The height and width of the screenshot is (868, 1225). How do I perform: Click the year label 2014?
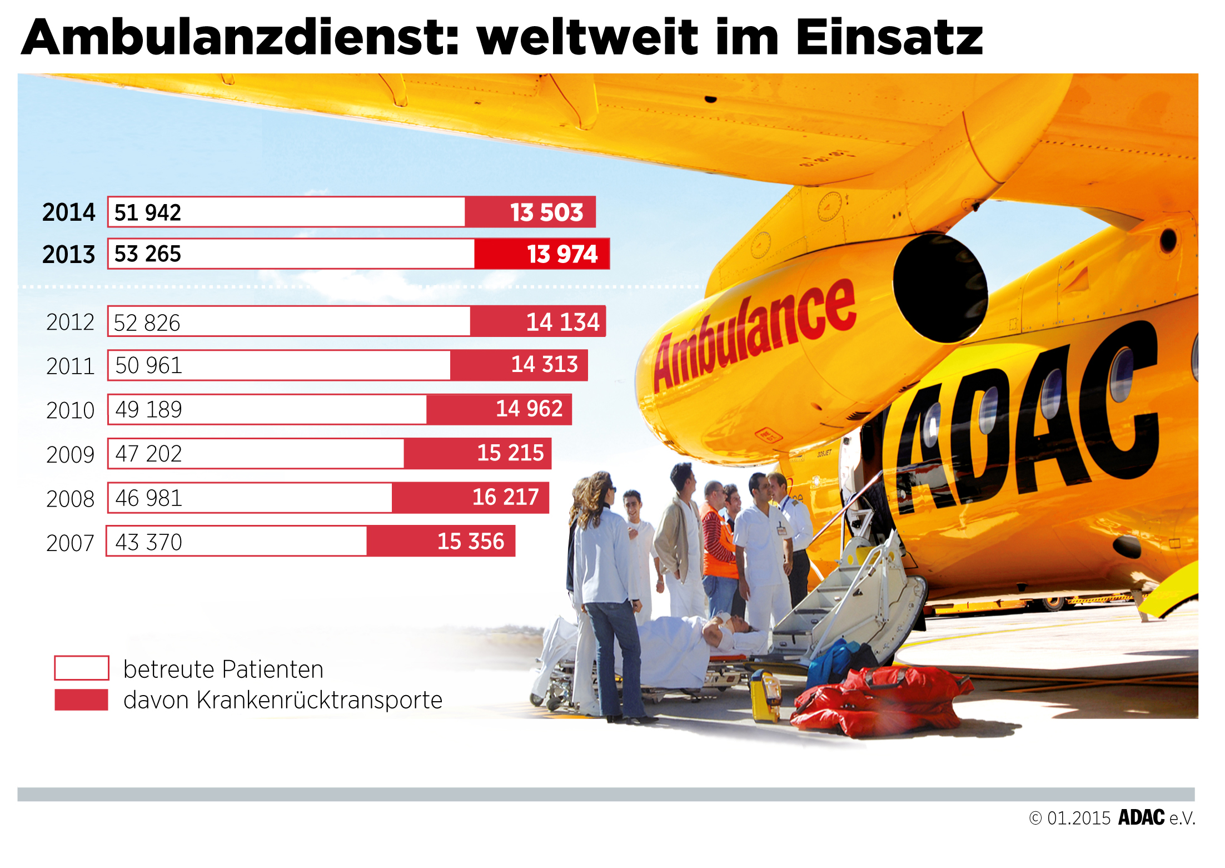click(x=68, y=212)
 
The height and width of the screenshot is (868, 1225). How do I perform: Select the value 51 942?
click(x=147, y=212)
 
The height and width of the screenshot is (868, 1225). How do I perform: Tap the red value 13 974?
click(x=562, y=254)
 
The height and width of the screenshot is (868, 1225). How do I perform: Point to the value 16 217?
click(x=505, y=497)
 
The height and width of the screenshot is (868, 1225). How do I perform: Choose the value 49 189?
click(x=148, y=410)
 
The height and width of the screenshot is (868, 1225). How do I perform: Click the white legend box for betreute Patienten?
click(x=81, y=668)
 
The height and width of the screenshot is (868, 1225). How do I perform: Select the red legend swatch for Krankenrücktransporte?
click(x=81, y=700)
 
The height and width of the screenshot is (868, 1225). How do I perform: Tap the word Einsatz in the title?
click(x=889, y=38)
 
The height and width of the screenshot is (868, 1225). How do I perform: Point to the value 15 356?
click(x=471, y=542)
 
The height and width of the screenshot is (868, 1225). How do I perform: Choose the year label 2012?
click(x=70, y=323)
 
